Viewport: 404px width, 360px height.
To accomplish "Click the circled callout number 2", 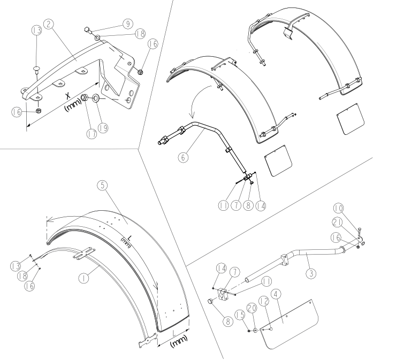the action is click(x=49, y=24).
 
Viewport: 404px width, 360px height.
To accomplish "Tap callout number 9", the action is click(x=128, y=24).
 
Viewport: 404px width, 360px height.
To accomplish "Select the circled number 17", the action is click(x=91, y=134).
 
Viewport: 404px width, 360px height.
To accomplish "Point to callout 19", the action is click(x=103, y=128).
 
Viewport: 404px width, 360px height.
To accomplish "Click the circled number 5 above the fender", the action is click(x=103, y=185).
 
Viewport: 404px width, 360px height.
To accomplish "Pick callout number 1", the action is click(x=83, y=278).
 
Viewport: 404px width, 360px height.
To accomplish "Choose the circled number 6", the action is click(x=183, y=157).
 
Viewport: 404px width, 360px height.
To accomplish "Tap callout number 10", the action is click(x=338, y=208).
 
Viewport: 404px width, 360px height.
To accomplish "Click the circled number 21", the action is click(x=337, y=223).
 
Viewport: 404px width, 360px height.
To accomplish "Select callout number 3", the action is click(x=311, y=273).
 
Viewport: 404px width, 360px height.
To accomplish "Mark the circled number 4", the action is click(x=276, y=294).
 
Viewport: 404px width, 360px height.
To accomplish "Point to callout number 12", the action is click(x=264, y=301).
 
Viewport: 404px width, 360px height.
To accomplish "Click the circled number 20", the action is click(x=252, y=308).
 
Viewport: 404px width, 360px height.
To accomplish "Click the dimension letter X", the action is click(x=68, y=96).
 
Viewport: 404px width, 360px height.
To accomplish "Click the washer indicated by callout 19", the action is click(x=96, y=98).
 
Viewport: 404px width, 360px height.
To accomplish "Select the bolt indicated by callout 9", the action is click(x=88, y=30).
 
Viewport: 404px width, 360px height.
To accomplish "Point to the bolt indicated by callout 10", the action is click(x=359, y=232).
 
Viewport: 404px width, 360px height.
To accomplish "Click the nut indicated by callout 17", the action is click(x=84, y=98).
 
